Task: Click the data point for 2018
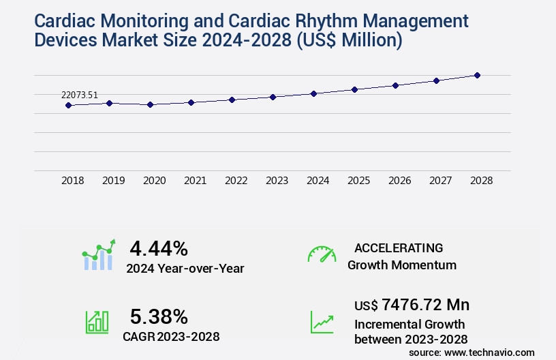click(x=68, y=105)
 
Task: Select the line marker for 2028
click(x=477, y=75)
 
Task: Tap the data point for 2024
click(x=313, y=93)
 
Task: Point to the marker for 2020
click(x=150, y=105)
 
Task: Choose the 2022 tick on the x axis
click(x=236, y=181)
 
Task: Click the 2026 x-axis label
click(x=399, y=181)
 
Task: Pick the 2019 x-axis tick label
click(x=113, y=181)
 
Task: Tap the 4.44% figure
click(x=159, y=247)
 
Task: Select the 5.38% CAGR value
click(x=159, y=316)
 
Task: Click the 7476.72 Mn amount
click(x=425, y=304)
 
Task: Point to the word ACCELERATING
click(x=399, y=248)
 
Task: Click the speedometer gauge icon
click(x=322, y=254)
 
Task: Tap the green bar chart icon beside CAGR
click(x=97, y=322)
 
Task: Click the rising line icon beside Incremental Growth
click(x=322, y=322)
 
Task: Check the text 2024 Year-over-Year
click(x=185, y=269)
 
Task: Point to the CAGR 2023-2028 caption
click(x=171, y=335)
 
